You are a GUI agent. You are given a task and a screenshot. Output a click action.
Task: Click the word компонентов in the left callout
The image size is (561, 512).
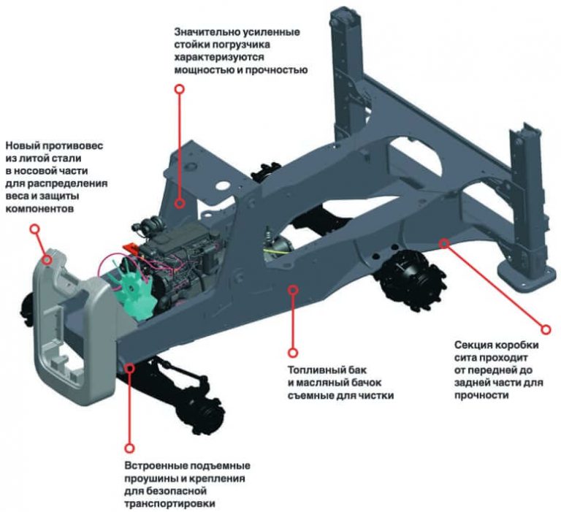point(37,207)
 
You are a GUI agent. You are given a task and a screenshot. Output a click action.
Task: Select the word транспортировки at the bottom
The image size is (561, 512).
point(168,503)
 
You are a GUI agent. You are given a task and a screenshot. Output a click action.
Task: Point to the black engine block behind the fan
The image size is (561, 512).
point(175,263)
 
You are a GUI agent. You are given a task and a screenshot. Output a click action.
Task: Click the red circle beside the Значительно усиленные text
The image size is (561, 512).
point(179,88)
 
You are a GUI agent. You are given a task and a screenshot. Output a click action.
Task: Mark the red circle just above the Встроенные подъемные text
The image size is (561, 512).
point(129,448)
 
